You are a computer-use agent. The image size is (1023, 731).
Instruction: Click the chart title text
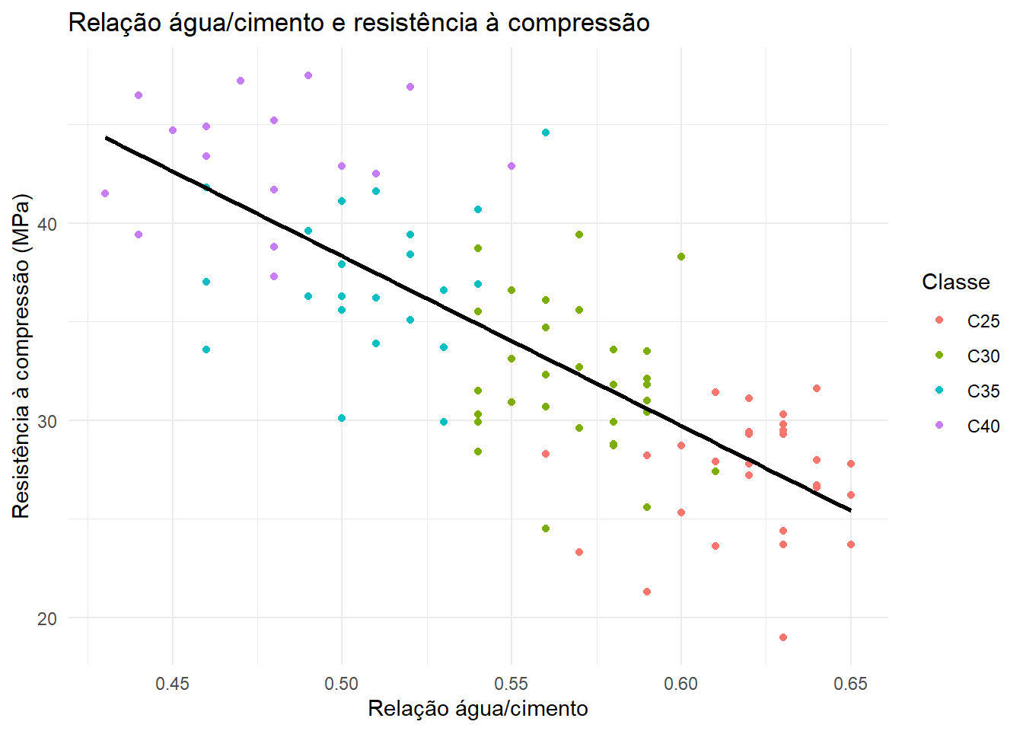[x=359, y=23]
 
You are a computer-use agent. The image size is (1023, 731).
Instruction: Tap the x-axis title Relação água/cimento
[x=478, y=709]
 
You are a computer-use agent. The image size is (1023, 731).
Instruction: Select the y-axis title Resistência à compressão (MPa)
[x=21, y=356]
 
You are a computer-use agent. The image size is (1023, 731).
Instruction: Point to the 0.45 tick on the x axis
[x=172, y=684]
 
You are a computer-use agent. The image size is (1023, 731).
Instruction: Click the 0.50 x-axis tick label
[x=342, y=684]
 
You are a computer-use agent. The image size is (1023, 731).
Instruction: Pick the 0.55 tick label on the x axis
[x=511, y=684]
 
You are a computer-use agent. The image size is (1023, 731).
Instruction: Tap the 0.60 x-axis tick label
[x=681, y=684]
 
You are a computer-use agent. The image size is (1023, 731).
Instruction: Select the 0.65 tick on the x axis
[x=850, y=684]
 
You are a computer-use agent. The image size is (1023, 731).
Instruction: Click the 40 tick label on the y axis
[x=47, y=225]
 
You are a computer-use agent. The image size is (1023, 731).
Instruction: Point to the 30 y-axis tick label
[x=47, y=421]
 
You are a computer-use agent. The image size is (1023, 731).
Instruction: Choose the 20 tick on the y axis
[x=47, y=618]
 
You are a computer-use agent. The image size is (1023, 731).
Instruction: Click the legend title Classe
[x=956, y=282]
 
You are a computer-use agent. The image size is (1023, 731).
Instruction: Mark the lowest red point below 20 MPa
[x=782, y=637]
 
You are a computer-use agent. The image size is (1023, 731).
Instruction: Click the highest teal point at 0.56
[x=545, y=132]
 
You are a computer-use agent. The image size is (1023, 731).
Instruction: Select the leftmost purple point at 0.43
[x=105, y=193]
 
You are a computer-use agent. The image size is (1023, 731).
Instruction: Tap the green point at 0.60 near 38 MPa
[x=681, y=257]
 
